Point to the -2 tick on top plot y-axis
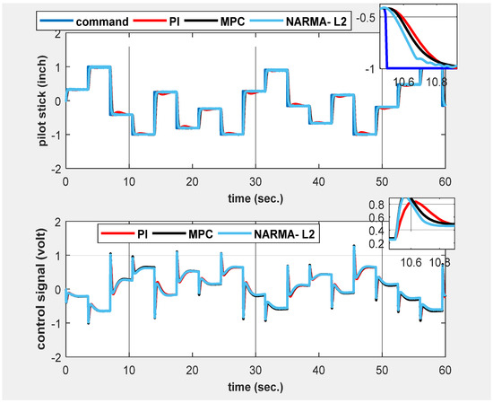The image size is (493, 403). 53,169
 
